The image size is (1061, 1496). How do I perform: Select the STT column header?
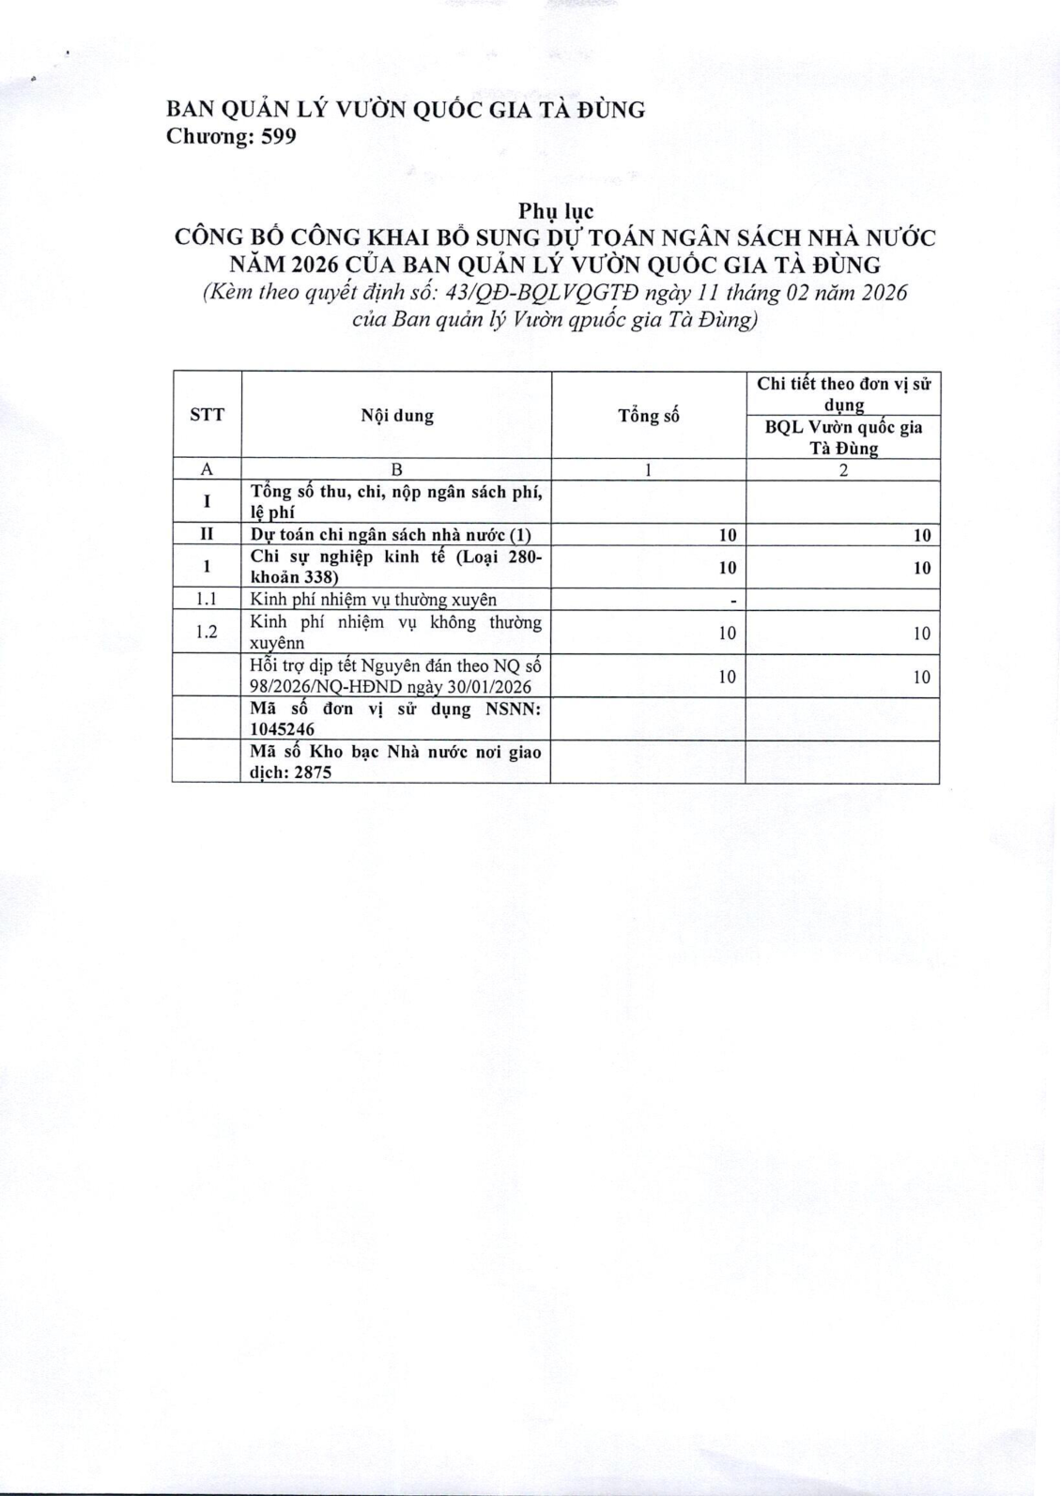point(207,414)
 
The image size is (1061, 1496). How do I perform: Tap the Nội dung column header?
point(397,416)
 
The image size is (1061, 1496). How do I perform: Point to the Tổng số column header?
point(648,416)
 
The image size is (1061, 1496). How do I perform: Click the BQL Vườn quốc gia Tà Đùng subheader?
point(843,437)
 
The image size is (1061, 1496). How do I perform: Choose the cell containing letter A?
point(207,469)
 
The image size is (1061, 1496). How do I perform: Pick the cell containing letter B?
point(397,469)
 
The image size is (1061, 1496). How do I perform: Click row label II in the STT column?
point(207,534)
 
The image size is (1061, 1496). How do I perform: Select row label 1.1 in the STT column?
point(207,599)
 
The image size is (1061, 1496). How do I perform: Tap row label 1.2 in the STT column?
point(207,632)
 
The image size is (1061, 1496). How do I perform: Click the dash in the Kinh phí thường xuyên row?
point(731,600)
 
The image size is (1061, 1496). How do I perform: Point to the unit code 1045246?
point(283,729)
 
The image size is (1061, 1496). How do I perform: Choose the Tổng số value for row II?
point(727,535)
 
